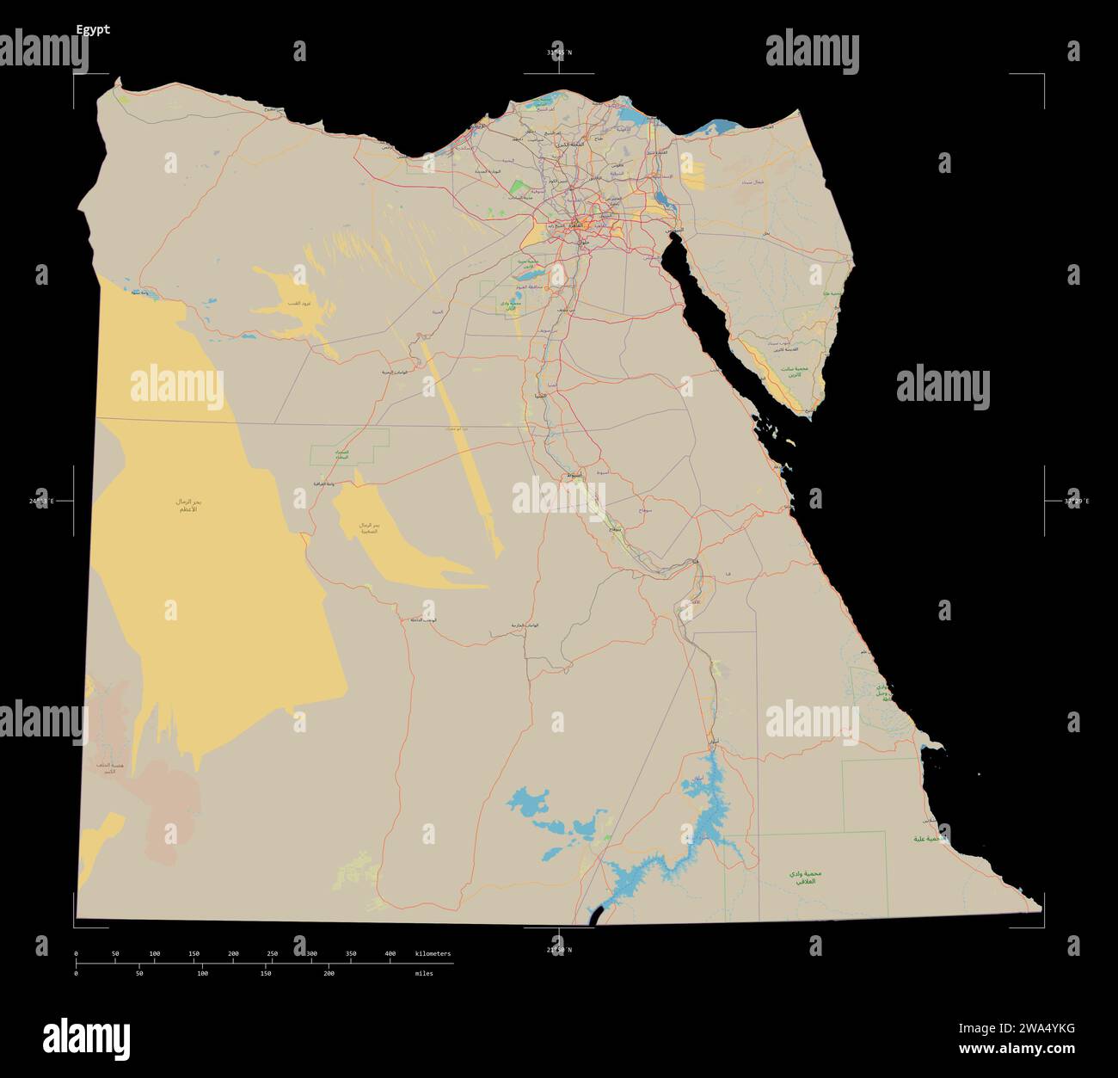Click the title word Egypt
[93, 29]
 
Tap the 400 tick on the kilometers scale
[390, 954]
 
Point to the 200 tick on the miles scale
[329, 973]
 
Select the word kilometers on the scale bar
[433, 954]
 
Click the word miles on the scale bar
[424, 974]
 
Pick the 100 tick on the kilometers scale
[155, 954]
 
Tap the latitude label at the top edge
[558, 52]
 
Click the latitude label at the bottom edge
[558, 950]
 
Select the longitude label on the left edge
[40, 501]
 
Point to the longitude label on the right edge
[1076, 501]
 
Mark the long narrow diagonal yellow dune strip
[464, 447]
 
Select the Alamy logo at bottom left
[86, 1038]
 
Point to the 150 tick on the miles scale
[266, 973]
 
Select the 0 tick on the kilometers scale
[77, 954]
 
